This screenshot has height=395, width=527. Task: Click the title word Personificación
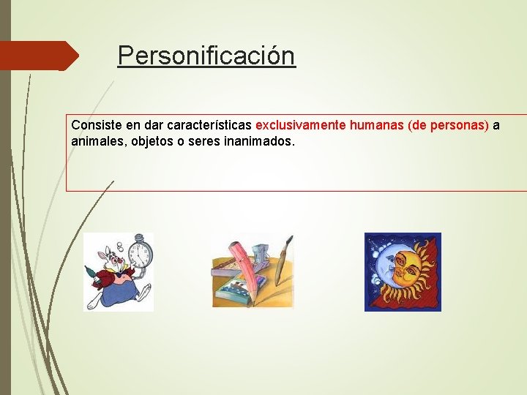tap(206, 56)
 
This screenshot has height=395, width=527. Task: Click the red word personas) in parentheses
tap(460, 125)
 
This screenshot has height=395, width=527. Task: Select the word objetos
tap(152, 140)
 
